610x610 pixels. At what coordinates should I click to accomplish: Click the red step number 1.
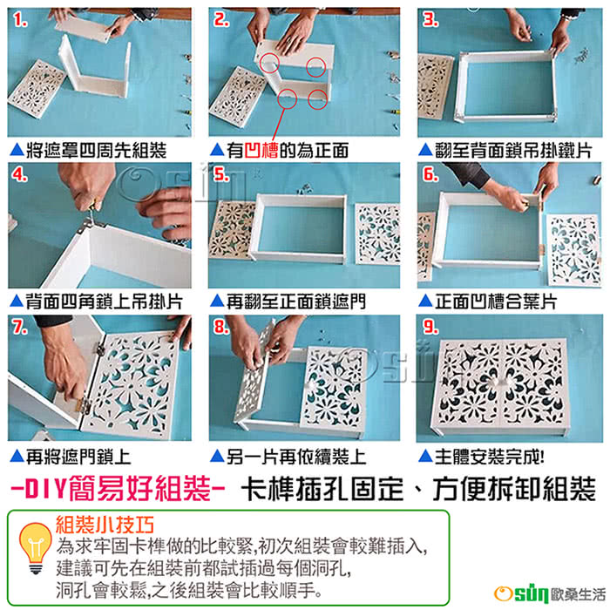tap(20, 20)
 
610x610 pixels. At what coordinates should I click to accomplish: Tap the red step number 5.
tap(221, 174)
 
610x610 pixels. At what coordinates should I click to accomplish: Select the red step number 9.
tap(430, 327)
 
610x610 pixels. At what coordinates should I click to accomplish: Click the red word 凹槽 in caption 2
tap(261, 151)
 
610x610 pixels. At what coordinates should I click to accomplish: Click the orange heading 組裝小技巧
tap(105, 525)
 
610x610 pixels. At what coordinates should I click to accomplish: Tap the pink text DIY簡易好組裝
tap(118, 489)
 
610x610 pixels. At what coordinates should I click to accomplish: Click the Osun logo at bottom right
tap(549, 593)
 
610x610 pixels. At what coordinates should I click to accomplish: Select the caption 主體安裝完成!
tap(490, 457)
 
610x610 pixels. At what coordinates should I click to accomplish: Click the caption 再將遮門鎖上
tap(78, 457)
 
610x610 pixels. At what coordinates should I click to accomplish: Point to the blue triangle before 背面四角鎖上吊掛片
tap(17, 301)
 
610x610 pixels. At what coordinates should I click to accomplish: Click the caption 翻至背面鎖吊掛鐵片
tap(513, 151)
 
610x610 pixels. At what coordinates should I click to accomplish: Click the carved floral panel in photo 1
tap(37, 88)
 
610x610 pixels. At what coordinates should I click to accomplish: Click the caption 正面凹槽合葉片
tap(496, 302)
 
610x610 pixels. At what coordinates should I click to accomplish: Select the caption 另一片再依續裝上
tap(296, 457)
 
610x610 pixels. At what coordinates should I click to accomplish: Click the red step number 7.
tap(20, 327)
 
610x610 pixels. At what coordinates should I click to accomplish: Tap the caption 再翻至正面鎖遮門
tap(296, 302)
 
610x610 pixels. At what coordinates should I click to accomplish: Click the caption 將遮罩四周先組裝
tap(96, 151)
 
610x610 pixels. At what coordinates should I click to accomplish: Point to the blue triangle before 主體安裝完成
tap(425, 456)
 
